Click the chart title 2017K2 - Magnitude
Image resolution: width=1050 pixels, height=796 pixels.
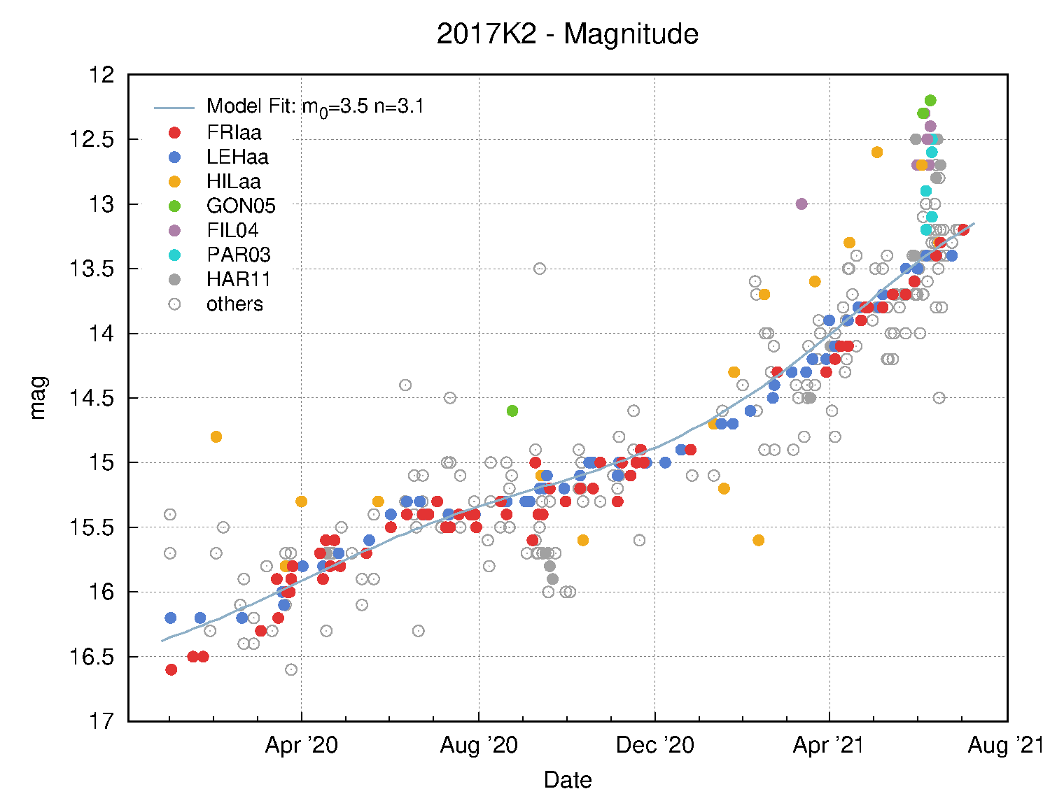pyautogui.click(x=567, y=34)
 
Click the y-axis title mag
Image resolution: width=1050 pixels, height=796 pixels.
pyautogui.click(x=38, y=397)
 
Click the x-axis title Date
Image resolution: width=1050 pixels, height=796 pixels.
pyautogui.click(x=568, y=780)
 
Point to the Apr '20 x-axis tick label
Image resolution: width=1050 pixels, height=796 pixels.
pyautogui.click(x=301, y=746)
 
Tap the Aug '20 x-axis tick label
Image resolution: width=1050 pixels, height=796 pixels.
pyautogui.click(x=479, y=746)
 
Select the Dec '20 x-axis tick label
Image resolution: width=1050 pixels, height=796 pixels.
pyautogui.click(x=654, y=746)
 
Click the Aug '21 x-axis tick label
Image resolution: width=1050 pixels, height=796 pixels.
pyautogui.click(x=1005, y=746)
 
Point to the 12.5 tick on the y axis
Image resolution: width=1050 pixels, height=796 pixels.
pyautogui.click(x=92, y=139)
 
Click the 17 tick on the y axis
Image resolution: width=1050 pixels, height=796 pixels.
pyautogui.click(x=102, y=721)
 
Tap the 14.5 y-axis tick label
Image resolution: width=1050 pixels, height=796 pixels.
pyautogui.click(x=92, y=398)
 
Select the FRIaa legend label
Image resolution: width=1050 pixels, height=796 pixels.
pyautogui.click(x=234, y=133)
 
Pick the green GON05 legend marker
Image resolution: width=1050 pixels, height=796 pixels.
pyautogui.click(x=174, y=206)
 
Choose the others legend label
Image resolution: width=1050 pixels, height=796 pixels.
pyautogui.click(x=234, y=304)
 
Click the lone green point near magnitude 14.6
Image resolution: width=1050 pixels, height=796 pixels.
pyautogui.click(x=512, y=411)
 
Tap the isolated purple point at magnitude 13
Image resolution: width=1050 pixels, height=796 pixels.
pyautogui.click(x=801, y=204)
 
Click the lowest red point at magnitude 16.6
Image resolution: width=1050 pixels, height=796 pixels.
pyautogui.click(x=171, y=669)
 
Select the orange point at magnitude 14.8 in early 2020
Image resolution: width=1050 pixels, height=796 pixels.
pyautogui.click(x=216, y=436)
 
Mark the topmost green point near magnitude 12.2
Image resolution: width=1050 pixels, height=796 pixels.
pyautogui.click(x=930, y=100)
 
